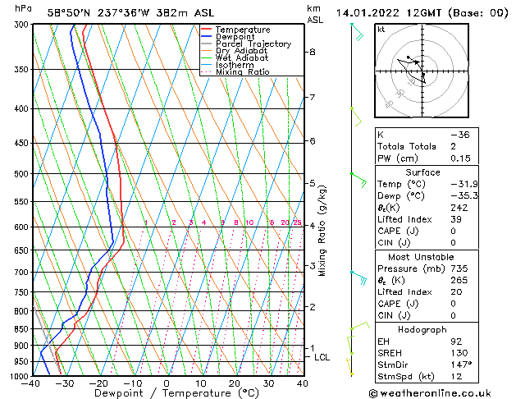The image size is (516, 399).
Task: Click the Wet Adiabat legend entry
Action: pos(237,57)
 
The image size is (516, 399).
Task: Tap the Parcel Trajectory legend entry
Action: pos(253,44)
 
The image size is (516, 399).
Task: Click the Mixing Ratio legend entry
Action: pos(243,72)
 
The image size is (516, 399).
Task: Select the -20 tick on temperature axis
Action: pos(98,383)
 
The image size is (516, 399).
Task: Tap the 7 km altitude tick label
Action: pos(312,98)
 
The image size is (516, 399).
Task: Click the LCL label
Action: pos(322,357)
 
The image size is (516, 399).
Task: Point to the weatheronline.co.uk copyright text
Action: pos(441,392)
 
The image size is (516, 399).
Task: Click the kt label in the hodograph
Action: pos(381,29)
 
